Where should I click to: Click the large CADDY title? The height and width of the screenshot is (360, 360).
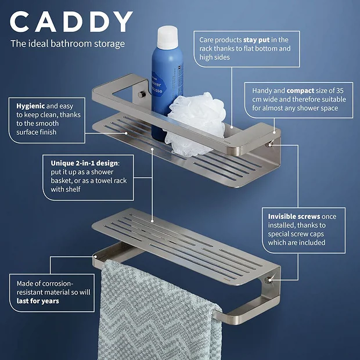pos(71,21)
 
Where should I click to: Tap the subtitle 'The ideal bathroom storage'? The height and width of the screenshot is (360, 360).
pos(67,44)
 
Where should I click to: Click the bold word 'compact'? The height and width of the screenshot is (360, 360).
pos(301,91)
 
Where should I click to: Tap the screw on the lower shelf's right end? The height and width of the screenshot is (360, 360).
pos(269,281)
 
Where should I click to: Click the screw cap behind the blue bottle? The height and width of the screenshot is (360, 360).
pos(141,93)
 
